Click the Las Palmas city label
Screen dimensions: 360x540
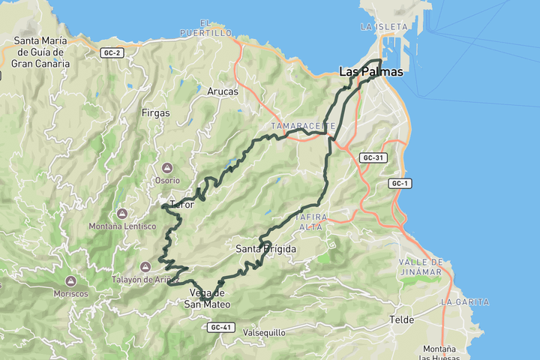click(x=371, y=73)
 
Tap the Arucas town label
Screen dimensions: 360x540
click(x=222, y=91)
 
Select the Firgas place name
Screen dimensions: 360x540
click(x=155, y=113)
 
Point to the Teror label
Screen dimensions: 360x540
click(x=181, y=205)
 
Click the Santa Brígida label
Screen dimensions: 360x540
click(x=265, y=249)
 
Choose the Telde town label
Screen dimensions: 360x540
click(x=401, y=319)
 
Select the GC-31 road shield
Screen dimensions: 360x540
click(x=373, y=158)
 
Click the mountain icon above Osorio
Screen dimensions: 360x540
click(x=167, y=167)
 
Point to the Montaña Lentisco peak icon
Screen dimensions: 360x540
click(x=121, y=214)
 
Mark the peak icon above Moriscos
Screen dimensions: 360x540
click(x=71, y=280)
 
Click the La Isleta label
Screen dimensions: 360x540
click(x=383, y=27)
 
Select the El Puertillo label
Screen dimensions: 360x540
click(x=205, y=28)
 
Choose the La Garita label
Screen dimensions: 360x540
click(x=465, y=301)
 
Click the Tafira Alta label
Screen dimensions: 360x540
click(x=313, y=222)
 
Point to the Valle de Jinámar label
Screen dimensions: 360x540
click(x=421, y=266)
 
